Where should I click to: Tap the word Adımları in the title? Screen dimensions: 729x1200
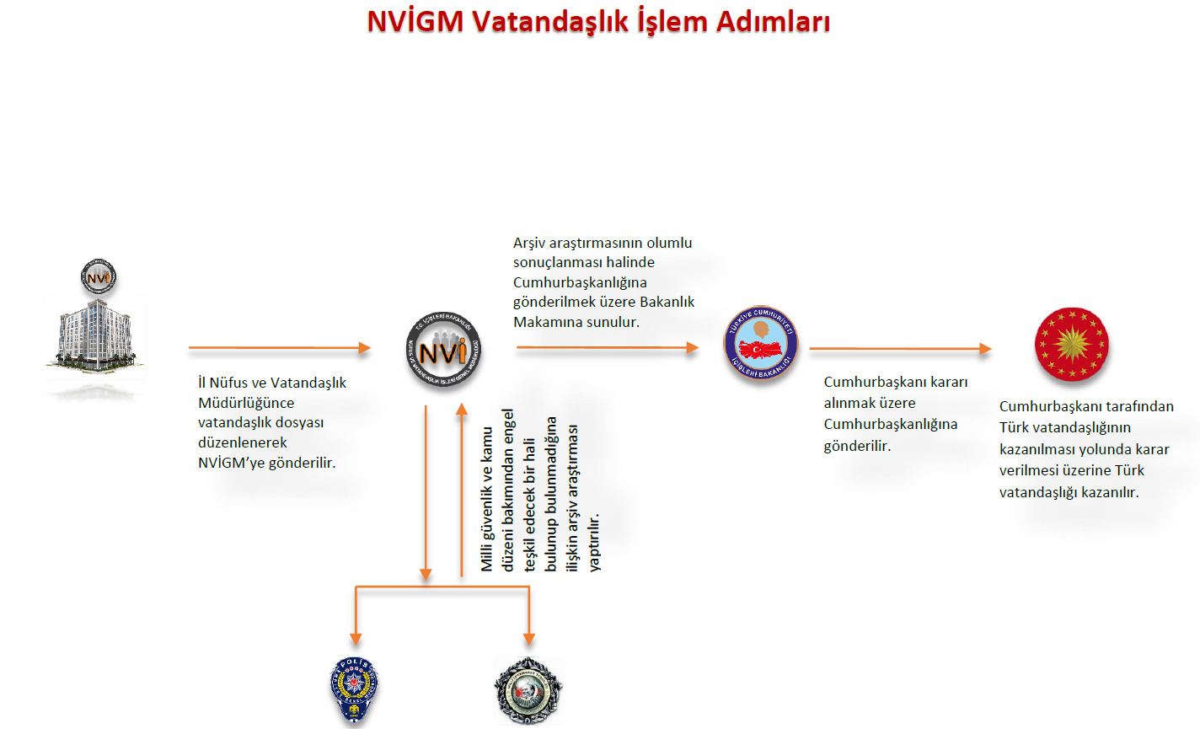773,21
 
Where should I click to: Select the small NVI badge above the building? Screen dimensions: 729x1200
98,276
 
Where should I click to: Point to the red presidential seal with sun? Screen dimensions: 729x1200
1071,344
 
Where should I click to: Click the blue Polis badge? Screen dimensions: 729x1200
354,690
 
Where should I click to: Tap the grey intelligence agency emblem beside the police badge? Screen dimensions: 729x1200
528,691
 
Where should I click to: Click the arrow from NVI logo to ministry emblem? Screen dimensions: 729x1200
608,348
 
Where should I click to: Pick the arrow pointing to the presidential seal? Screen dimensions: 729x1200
900,348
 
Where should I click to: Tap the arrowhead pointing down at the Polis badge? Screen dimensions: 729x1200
356,637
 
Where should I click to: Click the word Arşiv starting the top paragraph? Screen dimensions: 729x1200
530,243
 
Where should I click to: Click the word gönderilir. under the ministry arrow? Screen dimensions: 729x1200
857,446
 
